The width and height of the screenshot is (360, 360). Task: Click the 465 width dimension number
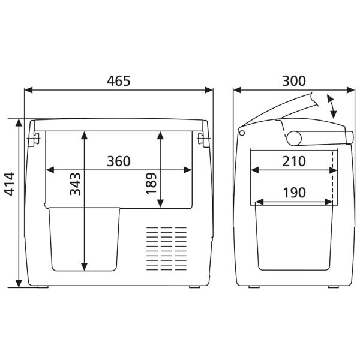click(x=118, y=81)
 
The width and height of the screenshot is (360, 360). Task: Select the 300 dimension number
click(x=293, y=81)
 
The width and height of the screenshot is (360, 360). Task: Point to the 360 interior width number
click(x=118, y=161)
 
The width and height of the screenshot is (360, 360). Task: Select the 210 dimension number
click(x=293, y=161)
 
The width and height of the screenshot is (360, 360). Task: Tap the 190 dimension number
click(x=293, y=193)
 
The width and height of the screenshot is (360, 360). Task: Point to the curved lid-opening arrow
click(x=331, y=106)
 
